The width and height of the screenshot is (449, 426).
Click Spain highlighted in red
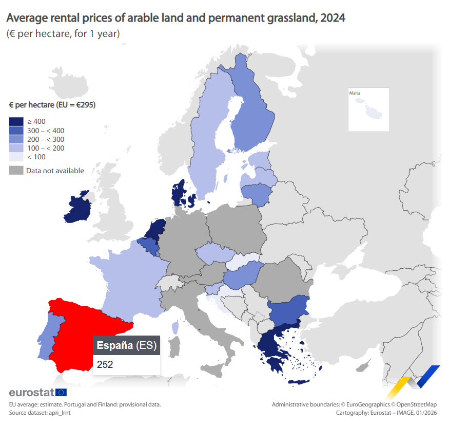[77, 329]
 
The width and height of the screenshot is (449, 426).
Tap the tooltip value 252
[105, 364]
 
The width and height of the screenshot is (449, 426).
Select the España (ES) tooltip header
[126, 345]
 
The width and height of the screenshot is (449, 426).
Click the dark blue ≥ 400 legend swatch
[16, 122]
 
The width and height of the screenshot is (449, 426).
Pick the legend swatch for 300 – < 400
[16, 131]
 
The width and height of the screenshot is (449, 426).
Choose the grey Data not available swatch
[16, 171]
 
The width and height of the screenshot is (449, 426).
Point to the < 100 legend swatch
[16, 157]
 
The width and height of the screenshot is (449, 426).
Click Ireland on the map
[78, 209]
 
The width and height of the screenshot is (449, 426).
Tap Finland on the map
[251, 118]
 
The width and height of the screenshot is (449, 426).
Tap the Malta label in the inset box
[355, 93]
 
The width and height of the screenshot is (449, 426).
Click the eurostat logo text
[31, 393]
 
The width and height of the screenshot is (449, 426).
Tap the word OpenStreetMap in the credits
[416, 404]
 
